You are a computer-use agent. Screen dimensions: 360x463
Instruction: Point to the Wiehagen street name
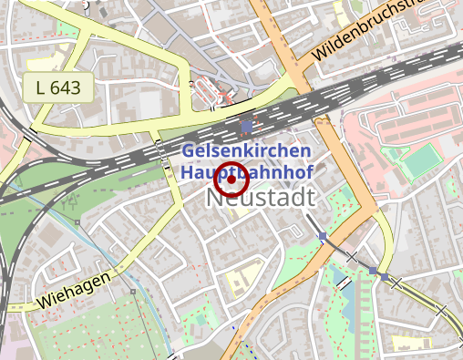click(x=75, y=289)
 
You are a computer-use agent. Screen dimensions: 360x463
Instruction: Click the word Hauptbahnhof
click(x=247, y=170)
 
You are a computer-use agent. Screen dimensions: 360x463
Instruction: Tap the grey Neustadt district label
click(x=265, y=197)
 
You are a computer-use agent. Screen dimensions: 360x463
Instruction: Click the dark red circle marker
click(x=231, y=180)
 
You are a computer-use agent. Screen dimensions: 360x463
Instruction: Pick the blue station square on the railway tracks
click(x=246, y=127)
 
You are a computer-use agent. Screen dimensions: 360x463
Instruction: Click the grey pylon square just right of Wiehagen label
click(x=133, y=292)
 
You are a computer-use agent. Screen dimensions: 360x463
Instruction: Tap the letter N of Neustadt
click(x=224, y=198)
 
